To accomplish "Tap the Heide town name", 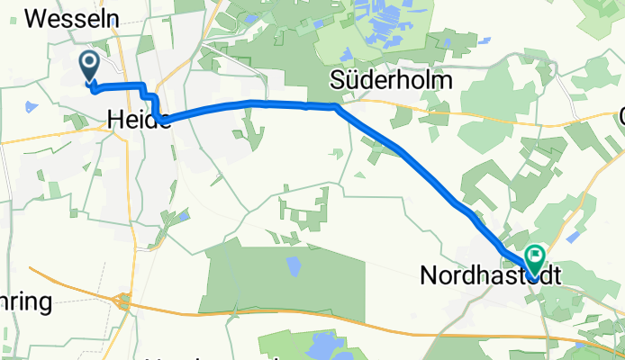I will click(x=139, y=118).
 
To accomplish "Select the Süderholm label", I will click(x=391, y=80).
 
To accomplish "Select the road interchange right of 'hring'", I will click(x=123, y=302).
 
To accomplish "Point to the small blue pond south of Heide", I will click(x=184, y=216).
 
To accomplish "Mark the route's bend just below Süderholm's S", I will click(x=338, y=106).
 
